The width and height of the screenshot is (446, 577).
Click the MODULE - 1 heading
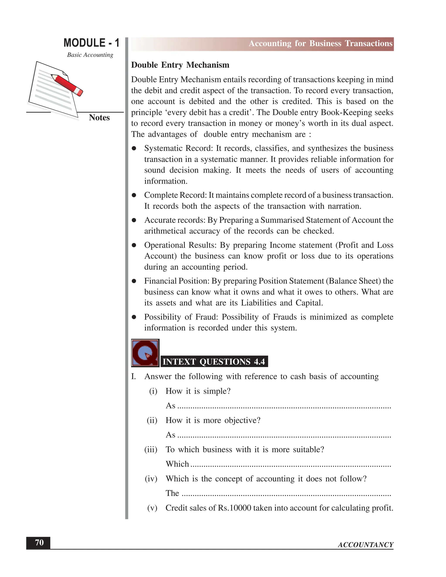(91, 43)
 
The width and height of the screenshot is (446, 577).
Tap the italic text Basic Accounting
(90, 55)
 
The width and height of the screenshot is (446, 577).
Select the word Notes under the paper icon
(99, 118)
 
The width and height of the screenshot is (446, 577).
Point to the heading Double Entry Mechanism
(180, 65)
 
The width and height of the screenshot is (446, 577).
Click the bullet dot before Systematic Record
(134, 148)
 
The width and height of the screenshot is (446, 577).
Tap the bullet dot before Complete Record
(134, 195)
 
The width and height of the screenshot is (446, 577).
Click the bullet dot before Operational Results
(134, 245)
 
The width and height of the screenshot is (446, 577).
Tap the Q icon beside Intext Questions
(145, 353)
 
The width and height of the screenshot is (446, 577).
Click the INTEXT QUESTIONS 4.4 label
(214, 361)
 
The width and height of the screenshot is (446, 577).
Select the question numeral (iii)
(151, 449)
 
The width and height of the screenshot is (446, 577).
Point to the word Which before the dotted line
(177, 464)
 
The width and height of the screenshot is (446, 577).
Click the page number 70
(39, 542)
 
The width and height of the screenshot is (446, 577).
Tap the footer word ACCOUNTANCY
(365, 545)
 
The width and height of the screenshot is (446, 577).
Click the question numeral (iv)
(151, 479)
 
